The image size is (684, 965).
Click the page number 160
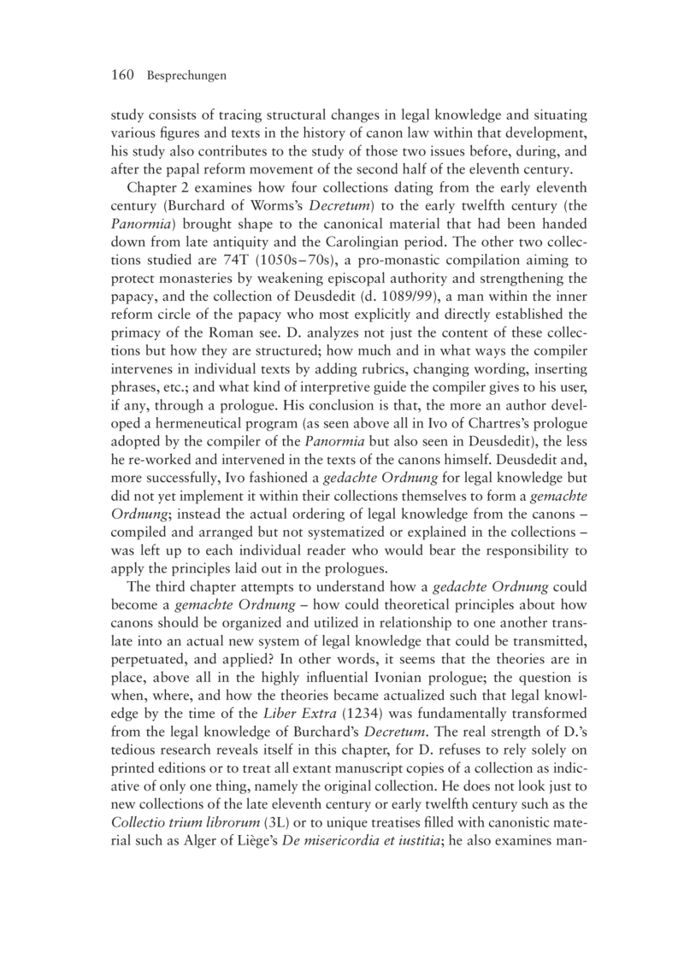pyautogui.click(x=124, y=75)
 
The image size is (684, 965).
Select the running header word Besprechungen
pyautogui.click(x=186, y=76)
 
